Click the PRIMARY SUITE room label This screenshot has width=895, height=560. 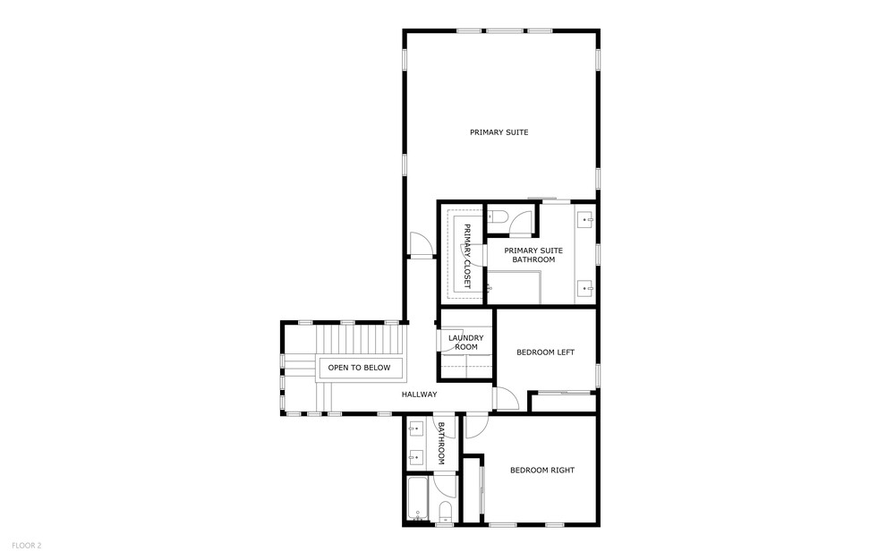[499, 132]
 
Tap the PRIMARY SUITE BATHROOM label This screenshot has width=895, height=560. [533, 255]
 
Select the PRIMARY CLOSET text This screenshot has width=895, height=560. [467, 256]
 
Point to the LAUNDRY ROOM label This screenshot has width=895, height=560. [465, 342]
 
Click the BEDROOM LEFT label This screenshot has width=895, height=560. [545, 352]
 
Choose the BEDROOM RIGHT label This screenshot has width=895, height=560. [542, 471]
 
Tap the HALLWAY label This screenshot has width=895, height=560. [419, 394]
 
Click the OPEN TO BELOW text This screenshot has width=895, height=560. [359, 368]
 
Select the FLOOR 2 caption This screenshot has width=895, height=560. [27, 545]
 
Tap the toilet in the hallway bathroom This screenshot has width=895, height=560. [446, 511]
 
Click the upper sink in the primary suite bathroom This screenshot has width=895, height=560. [586, 219]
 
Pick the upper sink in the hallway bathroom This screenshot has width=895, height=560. [415, 427]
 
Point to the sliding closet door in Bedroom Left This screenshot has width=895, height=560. [563, 393]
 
